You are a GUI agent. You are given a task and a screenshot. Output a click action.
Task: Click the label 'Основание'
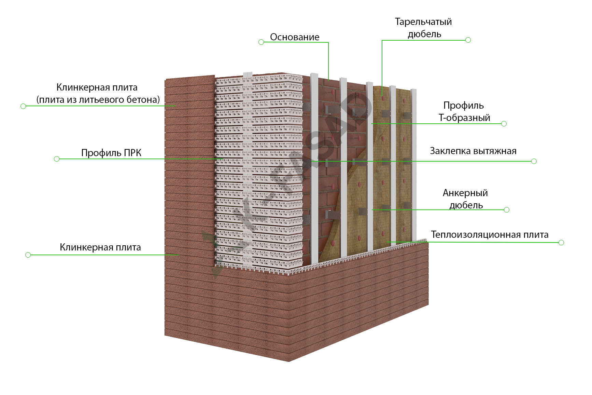(295, 37)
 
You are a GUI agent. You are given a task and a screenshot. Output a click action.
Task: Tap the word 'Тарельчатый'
(423, 22)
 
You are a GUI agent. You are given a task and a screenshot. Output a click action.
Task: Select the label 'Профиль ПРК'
(111, 153)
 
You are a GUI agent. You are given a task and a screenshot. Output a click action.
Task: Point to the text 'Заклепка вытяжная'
(473, 151)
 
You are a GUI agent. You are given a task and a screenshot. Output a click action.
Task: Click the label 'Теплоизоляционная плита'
(490, 235)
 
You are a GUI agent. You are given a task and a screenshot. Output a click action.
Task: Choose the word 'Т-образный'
(464, 118)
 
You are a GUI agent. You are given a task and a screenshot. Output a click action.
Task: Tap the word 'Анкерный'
(465, 193)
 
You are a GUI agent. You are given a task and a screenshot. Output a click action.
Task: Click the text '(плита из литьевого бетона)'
(98, 100)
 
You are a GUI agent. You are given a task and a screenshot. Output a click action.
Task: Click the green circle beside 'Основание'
(261, 42)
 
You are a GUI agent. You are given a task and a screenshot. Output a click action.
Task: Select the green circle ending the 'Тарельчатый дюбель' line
(468, 40)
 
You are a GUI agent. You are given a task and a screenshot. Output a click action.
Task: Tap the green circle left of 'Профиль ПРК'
(57, 159)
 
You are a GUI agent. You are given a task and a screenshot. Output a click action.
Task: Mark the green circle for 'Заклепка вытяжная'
(534, 161)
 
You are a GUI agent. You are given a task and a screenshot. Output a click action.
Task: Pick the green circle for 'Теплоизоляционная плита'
(561, 243)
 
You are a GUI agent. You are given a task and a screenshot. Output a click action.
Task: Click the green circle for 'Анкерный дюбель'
(507, 210)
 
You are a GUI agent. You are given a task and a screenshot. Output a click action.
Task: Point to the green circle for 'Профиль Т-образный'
(504, 124)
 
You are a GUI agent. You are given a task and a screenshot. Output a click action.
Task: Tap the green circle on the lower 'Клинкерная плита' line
(28, 255)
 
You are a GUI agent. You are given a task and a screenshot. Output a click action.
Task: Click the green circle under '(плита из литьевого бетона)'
(23, 106)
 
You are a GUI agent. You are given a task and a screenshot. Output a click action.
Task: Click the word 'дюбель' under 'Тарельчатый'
(424, 34)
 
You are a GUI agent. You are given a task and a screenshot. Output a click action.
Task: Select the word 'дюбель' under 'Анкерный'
(466, 205)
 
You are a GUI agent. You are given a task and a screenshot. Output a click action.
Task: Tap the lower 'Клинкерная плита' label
(100, 247)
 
